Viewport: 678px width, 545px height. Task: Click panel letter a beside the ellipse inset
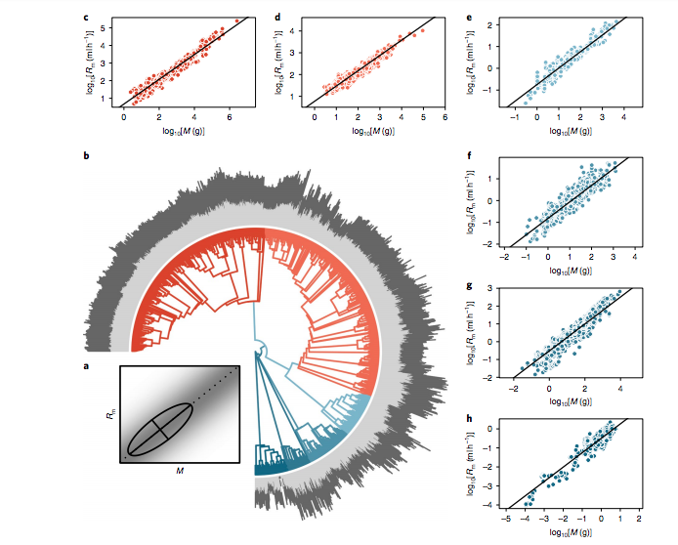[x=86, y=365]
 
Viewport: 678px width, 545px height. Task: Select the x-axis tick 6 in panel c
[x=229, y=117]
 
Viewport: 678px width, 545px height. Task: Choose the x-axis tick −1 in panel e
[x=516, y=117]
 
